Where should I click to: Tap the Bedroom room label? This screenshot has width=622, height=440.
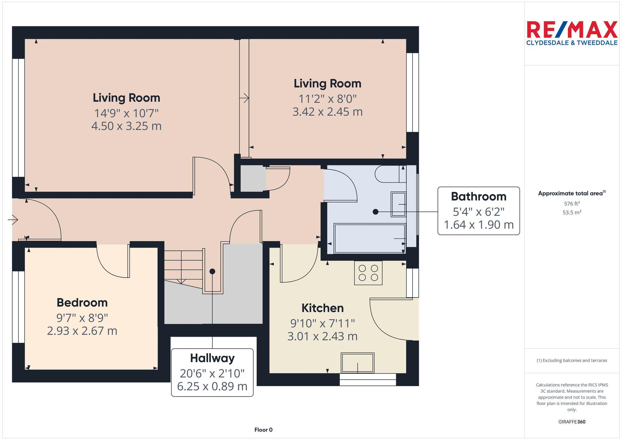(82, 303)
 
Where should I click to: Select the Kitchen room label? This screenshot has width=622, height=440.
(323, 308)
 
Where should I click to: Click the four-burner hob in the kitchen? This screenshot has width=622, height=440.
(368, 273)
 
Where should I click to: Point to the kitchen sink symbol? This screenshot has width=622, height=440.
(358, 363)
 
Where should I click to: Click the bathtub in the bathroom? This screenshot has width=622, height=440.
(369, 238)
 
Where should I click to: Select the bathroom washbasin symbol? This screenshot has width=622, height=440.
(398, 204)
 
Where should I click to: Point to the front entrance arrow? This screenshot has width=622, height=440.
(13, 220)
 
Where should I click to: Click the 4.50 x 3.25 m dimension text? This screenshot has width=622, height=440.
(126, 126)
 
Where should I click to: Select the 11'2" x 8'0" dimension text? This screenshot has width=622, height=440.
(327, 99)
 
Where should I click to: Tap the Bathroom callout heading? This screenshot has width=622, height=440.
(479, 197)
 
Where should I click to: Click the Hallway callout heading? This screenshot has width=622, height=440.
(212, 358)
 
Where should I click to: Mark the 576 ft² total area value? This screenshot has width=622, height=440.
(572, 204)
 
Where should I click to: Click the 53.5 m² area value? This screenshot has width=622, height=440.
(572, 213)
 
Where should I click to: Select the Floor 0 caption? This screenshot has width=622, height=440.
(263, 430)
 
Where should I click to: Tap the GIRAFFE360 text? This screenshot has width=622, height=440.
(572, 422)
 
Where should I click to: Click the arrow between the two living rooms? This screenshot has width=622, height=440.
(244, 98)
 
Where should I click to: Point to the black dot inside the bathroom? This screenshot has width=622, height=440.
(375, 212)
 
